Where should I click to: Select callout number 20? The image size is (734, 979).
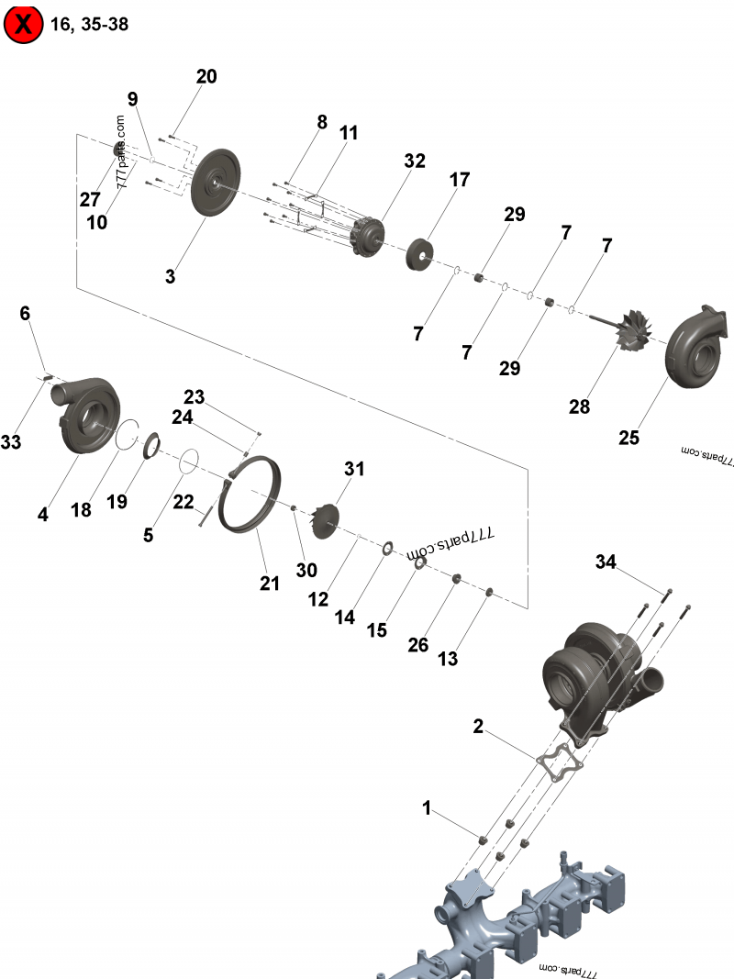(x=206, y=77)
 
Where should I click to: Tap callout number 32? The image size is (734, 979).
(x=415, y=161)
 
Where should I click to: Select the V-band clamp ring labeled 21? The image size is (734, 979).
(x=253, y=495)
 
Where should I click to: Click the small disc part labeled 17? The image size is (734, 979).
(x=421, y=253)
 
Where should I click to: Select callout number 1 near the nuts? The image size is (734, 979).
(x=427, y=808)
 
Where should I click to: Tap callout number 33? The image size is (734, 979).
(x=11, y=442)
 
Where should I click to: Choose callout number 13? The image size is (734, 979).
(x=448, y=659)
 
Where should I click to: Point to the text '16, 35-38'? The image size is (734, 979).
(x=90, y=25)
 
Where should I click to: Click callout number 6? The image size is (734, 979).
(x=25, y=314)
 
